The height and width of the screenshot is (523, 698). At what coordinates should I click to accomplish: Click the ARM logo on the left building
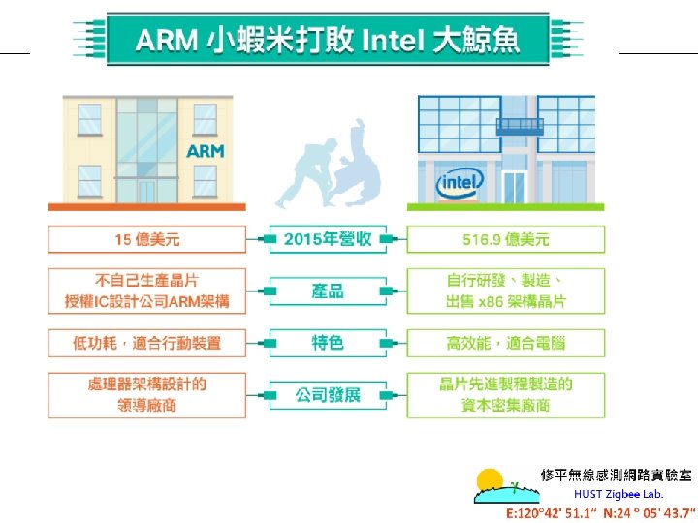pos(205,151)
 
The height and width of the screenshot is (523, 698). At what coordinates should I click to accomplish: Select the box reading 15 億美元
pos(146,239)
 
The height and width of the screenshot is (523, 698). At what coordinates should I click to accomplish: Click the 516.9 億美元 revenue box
pos(505,239)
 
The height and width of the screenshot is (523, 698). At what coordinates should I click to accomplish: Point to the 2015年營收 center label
pos(328,239)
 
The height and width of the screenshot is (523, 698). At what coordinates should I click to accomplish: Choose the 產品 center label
pos(328,291)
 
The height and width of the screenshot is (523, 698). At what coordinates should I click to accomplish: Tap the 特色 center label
pos(328,342)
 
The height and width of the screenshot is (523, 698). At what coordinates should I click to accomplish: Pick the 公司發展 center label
pos(328,394)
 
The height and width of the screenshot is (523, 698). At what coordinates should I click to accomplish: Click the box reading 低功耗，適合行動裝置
pos(146,342)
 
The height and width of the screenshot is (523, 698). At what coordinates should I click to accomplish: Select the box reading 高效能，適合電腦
pos(505,342)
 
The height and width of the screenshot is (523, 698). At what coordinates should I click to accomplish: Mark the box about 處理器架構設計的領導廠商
pos(146,394)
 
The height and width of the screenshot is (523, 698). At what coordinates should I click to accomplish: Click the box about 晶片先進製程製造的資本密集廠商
pos(505,394)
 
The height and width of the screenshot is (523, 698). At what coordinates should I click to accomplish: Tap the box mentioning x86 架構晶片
pos(505,291)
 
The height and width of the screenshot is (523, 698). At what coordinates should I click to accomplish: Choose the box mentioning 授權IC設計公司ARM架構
pos(146,291)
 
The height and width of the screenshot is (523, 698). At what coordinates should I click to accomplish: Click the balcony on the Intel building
pos(520,126)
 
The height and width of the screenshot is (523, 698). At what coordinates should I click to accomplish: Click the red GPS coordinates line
pos(601,512)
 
